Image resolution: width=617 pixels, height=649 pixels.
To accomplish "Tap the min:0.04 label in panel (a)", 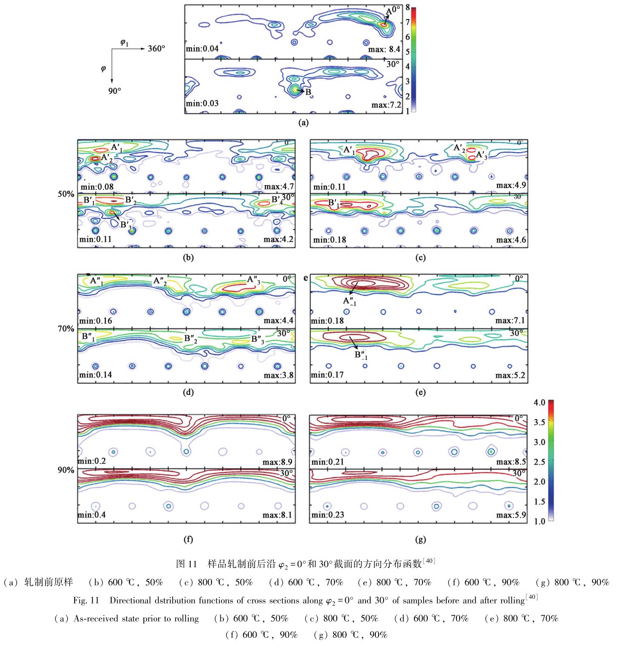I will [x=202, y=49].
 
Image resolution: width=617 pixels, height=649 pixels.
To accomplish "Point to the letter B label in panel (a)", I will [x=308, y=92].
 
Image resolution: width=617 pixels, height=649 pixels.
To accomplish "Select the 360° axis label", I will [x=156, y=48].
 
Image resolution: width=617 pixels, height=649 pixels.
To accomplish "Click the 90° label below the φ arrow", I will [x=115, y=91].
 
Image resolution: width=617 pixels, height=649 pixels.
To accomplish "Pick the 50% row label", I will [x=66, y=194].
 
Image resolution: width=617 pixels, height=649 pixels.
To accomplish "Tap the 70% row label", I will [x=66, y=329].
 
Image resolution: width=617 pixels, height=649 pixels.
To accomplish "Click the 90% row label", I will [x=66, y=470].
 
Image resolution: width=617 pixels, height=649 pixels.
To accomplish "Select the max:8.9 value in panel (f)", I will [x=277, y=462].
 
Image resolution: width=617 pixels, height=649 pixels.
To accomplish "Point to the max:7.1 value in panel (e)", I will [x=510, y=320].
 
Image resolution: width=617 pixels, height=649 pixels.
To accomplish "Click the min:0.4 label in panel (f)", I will [x=92, y=515].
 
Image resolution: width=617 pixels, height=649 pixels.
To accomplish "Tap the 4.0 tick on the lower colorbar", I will [x=539, y=402].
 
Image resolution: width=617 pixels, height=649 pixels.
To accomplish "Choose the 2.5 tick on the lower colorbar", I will [x=539, y=462].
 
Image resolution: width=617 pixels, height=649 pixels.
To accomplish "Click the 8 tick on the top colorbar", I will [x=407, y=7].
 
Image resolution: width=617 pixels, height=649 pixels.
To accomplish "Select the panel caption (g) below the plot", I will [x=420, y=539].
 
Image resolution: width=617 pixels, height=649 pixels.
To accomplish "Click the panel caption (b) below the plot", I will [x=188, y=258].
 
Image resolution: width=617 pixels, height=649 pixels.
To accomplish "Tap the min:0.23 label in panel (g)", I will [x=328, y=515].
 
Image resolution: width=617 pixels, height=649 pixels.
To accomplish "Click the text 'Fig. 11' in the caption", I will [x=86, y=600].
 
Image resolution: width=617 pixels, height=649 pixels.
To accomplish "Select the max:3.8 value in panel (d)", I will [x=278, y=375].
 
